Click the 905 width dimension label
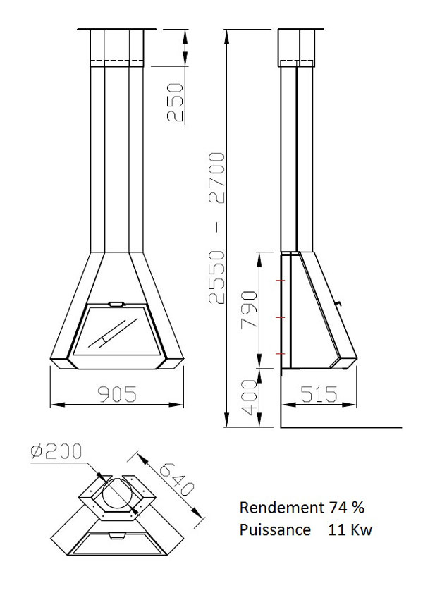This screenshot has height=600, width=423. click(x=117, y=394)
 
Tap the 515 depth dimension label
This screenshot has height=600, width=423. click(x=318, y=394)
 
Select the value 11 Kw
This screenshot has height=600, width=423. click(x=349, y=529)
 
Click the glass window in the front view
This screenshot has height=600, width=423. click(x=116, y=331)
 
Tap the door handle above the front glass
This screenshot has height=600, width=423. click(x=116, y=305)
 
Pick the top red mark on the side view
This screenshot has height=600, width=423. click(x=282, y=282)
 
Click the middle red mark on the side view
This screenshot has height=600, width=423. click(x=282, y=318)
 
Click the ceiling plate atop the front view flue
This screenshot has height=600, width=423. click(x=117, y=29)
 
